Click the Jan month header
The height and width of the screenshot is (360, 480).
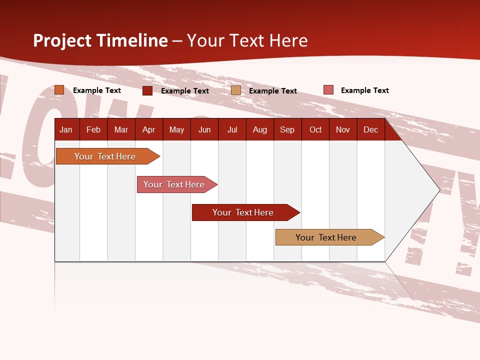[66, 130]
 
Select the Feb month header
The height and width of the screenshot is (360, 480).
[93, 130]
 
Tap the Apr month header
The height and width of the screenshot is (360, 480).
[149, 130]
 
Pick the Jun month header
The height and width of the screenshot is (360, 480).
[204, 130]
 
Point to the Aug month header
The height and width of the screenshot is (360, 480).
[260, 130]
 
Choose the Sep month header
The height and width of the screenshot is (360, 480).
[287, 130]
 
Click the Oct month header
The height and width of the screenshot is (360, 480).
[315, 130]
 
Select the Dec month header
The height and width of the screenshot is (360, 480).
[371, 130]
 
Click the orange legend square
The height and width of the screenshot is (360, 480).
[59, 90]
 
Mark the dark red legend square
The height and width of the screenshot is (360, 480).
[147, 90]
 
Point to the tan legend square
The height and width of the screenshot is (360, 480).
[236, 90]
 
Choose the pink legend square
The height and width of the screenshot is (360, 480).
[328, 90]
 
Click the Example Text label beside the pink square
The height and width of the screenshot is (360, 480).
[364, 90]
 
